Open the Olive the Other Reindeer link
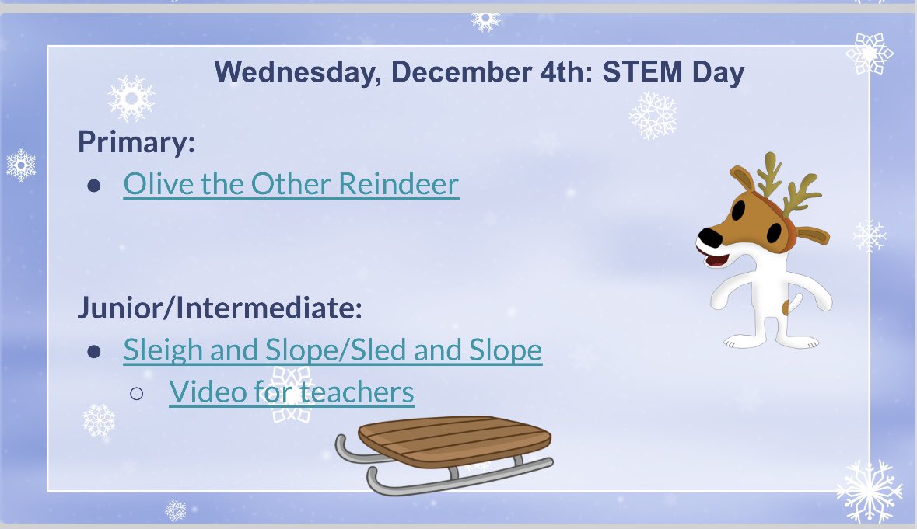291,184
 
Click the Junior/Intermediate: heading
220,308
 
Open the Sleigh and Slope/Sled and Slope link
332,350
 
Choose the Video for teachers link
291,392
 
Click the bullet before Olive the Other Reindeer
94,186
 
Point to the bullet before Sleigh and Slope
94,352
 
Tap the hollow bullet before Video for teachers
137,394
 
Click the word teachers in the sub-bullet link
357,392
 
